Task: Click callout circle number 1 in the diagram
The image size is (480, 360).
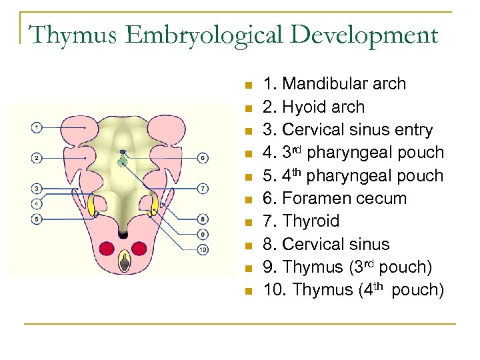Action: click(x=36, y=127)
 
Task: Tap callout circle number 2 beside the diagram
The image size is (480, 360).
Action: click(x=36, y=157)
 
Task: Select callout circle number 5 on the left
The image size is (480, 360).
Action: click(x=36, y=218)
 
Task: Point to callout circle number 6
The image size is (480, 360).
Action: click(x=203, y=158)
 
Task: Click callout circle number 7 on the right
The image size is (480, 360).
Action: click(x=203, y=188)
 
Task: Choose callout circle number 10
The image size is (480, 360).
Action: click(x=203, y=249)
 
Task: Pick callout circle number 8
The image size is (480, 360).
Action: click(x=203, y=219)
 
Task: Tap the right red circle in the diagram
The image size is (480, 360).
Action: click(x=139, y=249)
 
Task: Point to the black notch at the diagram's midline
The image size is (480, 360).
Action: click(x=123, y=233)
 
